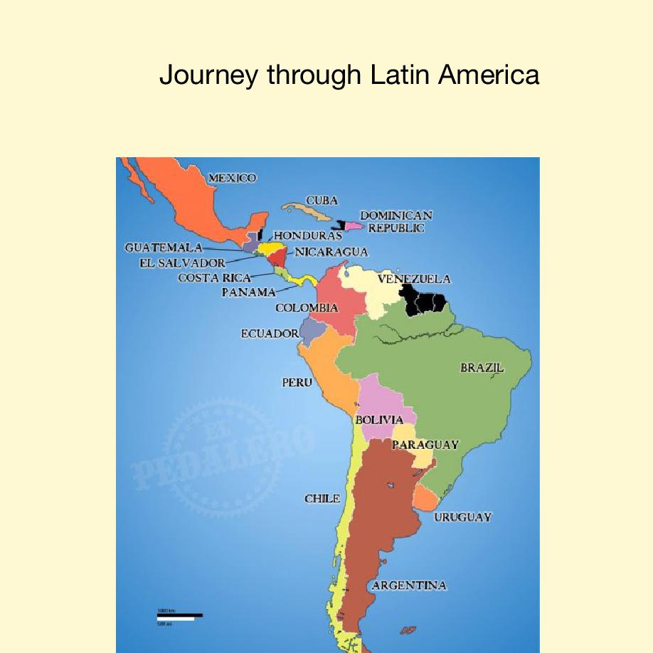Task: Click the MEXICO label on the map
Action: pos(232,178)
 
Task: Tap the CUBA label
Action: pos(322,201)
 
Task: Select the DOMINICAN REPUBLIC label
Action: pos(396,221)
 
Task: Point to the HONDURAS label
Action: pos(308,235)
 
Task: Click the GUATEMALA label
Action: pos(164,248)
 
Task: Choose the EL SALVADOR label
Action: pos(182,262)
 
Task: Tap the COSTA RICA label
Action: pos(214,277)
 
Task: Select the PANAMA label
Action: pos(248,292)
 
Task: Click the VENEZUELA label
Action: pos(414,280)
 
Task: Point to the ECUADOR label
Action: pos(270,333)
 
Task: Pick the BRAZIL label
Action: pos(482,368)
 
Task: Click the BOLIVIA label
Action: pos(379,420)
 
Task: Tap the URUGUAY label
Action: pos(462,517)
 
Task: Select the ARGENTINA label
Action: pos(410,585)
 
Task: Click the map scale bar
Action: pos(179,615)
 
